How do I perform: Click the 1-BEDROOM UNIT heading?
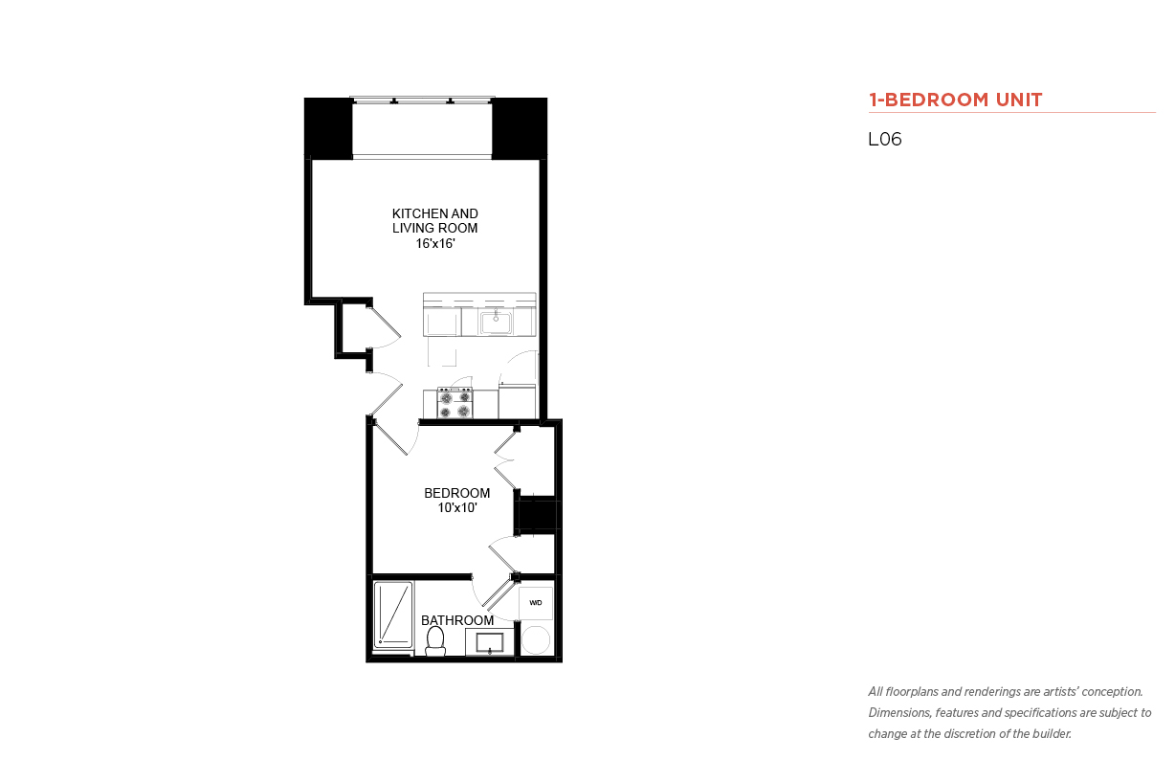955,100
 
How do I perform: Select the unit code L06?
885,139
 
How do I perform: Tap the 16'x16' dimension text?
434,243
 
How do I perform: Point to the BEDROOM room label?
456,493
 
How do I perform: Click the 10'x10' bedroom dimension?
457,507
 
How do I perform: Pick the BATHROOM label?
457,620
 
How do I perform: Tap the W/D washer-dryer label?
536,602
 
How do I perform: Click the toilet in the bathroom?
435,641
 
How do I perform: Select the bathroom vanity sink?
489,642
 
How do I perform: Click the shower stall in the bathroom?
393,615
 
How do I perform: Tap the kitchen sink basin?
496,323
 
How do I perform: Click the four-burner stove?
454,403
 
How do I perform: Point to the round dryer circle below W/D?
536,639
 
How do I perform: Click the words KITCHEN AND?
434,213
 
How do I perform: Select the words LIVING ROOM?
434,229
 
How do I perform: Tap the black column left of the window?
328,127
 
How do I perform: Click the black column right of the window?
520,128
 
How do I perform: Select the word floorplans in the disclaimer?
912,692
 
